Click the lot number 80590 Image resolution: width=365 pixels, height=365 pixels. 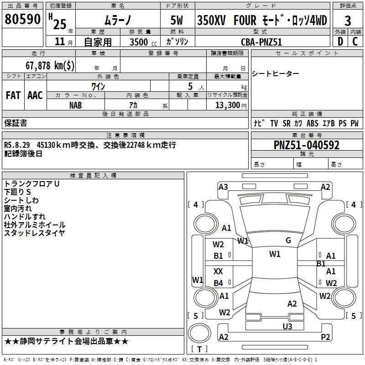[23, 20]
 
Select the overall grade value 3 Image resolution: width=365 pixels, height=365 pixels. [348, 21]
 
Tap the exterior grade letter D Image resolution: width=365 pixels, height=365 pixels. [340, 41]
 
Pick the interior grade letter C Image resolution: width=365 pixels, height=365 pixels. [355, 41]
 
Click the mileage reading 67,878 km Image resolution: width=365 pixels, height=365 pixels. [50, 65]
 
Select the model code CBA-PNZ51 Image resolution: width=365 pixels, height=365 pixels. [262, 42]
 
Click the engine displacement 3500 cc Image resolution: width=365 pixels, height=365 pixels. [141, 42]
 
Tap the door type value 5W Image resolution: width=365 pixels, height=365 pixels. [177, 21]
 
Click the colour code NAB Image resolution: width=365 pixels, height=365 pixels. [76, 105]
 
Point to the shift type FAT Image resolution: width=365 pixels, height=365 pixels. [13, 95]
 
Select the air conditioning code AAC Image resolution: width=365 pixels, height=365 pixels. [35, 95]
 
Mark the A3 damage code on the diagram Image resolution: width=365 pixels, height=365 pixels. [223, 187]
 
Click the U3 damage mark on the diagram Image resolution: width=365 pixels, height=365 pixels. [287, 326]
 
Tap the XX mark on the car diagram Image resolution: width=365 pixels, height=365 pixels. [218, 271]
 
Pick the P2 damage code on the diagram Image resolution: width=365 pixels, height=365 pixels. [325, 337]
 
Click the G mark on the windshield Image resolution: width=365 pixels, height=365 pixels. [288, 240]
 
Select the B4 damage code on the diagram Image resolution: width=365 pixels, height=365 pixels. [219, 283]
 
